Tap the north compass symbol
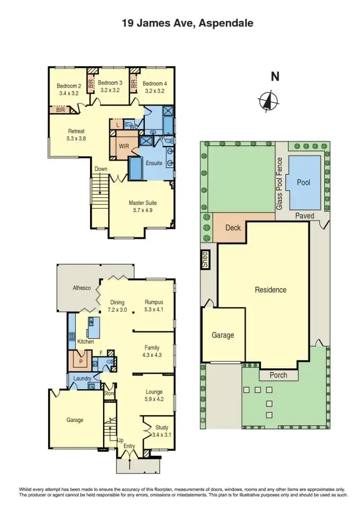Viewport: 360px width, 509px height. (268, 101)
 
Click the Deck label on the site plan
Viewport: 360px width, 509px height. (233, 228)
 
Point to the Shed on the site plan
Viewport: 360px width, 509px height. (206, 259)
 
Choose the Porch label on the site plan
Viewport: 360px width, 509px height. (278, 375)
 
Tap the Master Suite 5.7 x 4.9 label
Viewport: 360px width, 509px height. (142, 206)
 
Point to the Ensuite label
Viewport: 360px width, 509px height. (154, 163)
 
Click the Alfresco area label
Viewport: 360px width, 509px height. (81, 288)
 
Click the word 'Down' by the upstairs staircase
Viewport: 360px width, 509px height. (101, 169)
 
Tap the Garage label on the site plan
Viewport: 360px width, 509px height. (222, 335)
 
